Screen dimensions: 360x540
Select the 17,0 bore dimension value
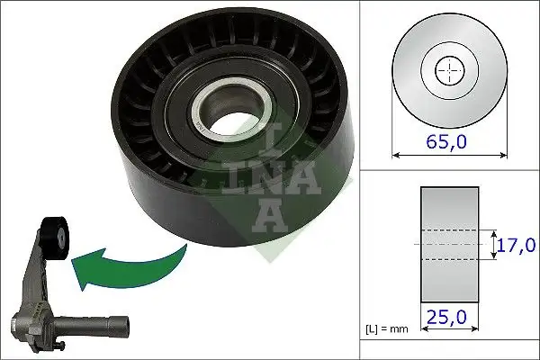tap(517, 244)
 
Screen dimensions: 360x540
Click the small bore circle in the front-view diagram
tap(447, 69)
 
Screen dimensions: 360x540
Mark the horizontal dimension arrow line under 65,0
tap(447, 155)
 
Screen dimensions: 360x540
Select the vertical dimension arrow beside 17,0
tap(494, 244)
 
